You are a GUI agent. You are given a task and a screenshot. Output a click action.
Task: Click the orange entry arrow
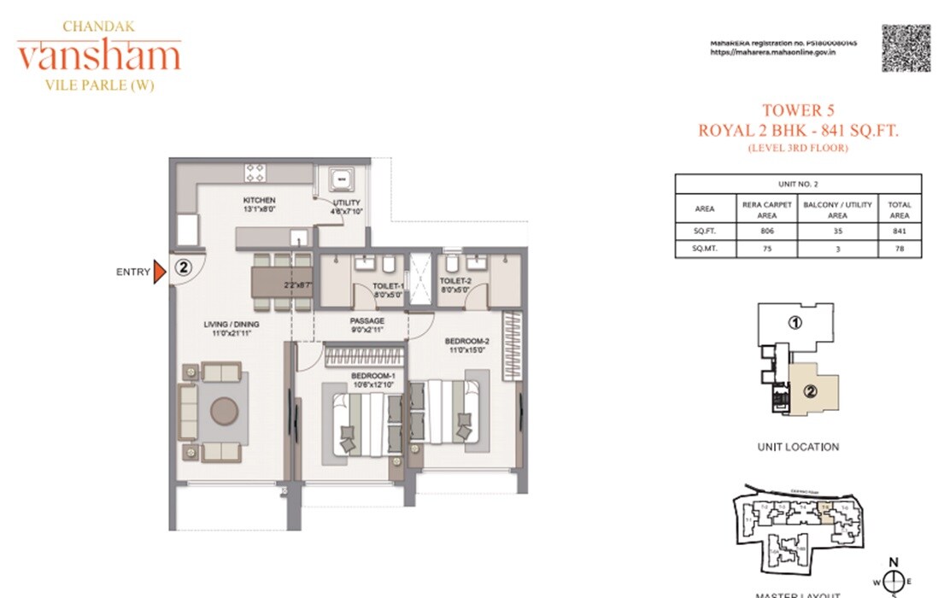click(159, 273)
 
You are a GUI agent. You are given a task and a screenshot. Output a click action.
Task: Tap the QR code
click(906, 48)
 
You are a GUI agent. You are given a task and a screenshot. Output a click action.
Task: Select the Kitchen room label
click(258, 201)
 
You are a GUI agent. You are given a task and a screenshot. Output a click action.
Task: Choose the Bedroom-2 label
click(466, 342)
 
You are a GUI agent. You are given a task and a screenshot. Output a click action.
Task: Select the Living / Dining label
click(231, 325)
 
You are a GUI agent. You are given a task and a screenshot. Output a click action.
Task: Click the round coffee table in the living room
click(225, 412)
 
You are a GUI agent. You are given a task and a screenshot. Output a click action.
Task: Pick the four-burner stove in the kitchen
click(255, 173)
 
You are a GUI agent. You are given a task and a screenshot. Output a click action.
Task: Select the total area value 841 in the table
click(899, 231)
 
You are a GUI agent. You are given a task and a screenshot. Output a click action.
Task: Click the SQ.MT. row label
click(705, 249)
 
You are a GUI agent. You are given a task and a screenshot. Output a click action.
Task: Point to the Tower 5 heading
click(798, 110)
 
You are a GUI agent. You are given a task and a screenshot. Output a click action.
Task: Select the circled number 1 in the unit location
click(795, 323)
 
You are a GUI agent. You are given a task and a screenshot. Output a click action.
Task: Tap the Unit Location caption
click(798, 447)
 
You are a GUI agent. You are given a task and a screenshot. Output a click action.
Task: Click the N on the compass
click(894, 562)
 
